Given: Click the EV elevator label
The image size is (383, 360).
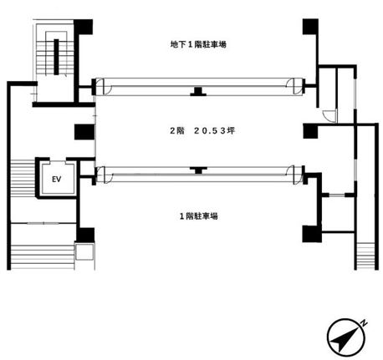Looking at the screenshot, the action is coord(57,179).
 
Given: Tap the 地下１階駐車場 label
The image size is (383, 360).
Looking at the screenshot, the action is coord(198,44).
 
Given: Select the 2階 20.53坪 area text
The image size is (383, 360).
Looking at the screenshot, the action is coord(202,130).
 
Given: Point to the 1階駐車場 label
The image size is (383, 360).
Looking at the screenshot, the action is coord(198,216).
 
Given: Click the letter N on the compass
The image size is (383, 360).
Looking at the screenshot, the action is coord(364,323).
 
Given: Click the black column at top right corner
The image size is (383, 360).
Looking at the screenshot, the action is coord(310,27).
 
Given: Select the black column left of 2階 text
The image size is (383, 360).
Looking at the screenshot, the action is coord(84,132).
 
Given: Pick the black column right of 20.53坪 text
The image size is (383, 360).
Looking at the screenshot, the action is coord(310,131).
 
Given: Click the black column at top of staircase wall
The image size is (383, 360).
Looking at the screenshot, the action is coord(83,27).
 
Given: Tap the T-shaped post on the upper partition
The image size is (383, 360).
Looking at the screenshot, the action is coord(198,92).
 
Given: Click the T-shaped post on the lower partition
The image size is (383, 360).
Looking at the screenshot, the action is coord(198,170).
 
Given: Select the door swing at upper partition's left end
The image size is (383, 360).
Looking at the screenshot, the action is coord(104,86).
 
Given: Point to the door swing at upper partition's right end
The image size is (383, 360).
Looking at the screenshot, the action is coord(294,86).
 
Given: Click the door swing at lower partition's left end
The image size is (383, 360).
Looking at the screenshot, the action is coord(105,175).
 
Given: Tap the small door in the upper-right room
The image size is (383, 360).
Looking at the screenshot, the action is coord(329,115).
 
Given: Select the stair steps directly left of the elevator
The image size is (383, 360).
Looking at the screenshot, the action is coord(23,177).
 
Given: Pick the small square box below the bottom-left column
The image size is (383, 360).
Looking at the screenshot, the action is coord(84,251).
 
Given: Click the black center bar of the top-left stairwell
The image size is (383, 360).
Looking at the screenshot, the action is coord(56,57).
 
